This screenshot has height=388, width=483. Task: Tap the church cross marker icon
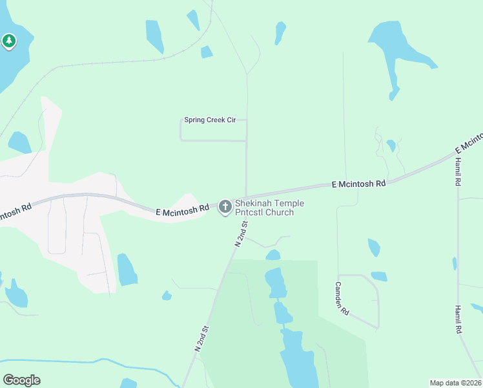[225, 207]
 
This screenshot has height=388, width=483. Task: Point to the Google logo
[21, 380]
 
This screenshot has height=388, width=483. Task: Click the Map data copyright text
[455, 382]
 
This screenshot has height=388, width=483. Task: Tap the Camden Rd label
[342, 298]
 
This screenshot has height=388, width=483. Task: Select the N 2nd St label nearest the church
[241, 234]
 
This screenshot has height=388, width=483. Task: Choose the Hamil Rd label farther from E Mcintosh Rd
[458, 319]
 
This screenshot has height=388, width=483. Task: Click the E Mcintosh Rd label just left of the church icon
[183, 210]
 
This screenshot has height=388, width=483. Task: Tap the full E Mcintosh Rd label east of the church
[358, 184]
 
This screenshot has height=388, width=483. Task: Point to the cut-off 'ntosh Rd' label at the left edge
[16, 211]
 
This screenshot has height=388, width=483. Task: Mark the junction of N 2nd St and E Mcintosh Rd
[246, 198]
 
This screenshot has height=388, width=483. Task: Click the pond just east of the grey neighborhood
[127, 270]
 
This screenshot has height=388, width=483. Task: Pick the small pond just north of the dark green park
[273, 255]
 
